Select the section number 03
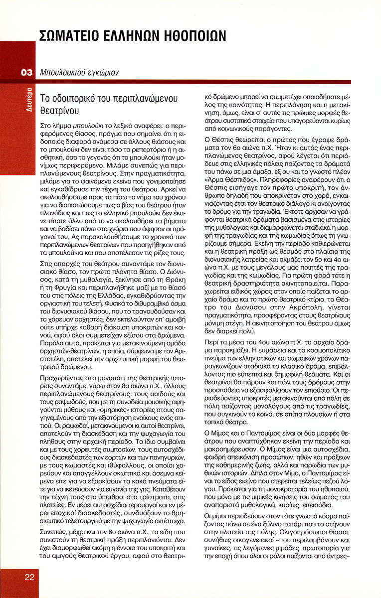click(26, 73)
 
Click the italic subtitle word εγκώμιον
click(102, 73)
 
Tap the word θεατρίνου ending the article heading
click(59, 110)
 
